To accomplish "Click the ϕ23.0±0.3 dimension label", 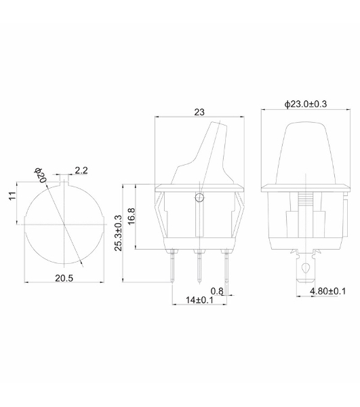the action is (306, 104).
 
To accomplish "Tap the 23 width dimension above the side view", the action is (199, 112).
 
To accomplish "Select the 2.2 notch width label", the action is (81, 170).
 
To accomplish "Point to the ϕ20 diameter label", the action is (40, 175).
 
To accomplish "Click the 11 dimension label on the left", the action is (12, 196).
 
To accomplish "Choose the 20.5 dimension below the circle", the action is (64, 278).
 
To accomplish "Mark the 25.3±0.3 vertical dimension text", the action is (118, 233).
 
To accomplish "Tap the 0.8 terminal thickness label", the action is (217, 291).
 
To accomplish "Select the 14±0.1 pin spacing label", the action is (199, 300).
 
